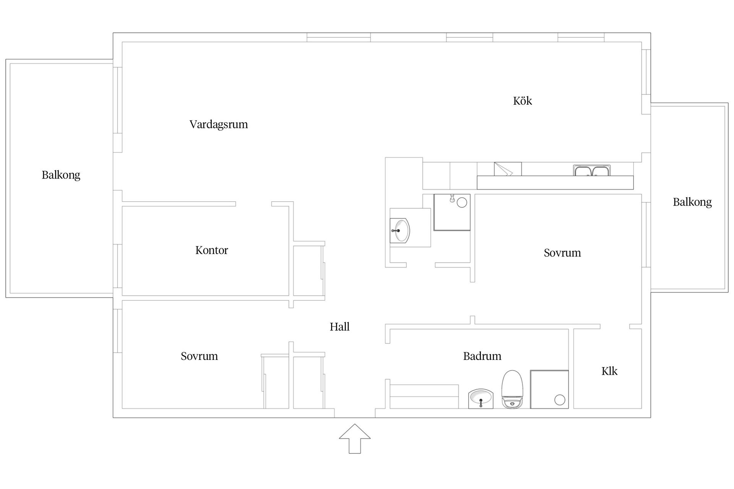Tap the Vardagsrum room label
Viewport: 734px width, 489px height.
[219, 125]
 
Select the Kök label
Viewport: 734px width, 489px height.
[523, 101]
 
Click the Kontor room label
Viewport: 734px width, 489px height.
[212, 250]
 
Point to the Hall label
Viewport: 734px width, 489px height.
[340, 327]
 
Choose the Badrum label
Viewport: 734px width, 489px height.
[482, 356]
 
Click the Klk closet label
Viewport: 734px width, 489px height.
[609, 371]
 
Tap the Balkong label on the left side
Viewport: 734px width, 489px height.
[61, 175]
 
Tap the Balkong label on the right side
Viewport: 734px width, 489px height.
[692, 202]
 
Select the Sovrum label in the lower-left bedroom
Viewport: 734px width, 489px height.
[199, 356]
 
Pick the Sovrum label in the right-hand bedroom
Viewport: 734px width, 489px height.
[562, 253]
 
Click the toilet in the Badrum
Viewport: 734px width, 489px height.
[512, 389]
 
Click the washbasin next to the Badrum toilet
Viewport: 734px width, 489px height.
[481, 399]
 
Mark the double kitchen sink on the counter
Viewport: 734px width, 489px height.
[592, 170]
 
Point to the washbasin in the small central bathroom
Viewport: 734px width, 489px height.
[400, 231]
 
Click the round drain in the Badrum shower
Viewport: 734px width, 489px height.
[560, 400]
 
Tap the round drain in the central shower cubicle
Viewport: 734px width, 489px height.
[462, 202]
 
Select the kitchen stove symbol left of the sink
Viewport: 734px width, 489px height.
[508, 169]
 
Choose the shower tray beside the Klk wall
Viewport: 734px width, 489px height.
[549, 389]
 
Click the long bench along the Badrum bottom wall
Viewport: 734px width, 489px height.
[424, 397]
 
